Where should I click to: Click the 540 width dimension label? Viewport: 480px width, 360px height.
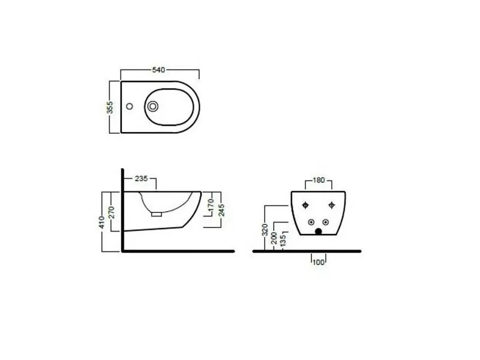(x=158, y=70)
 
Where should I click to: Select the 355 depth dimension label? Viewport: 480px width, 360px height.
(x=110, y=107)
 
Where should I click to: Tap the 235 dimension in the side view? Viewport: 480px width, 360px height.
(x=142, y=178)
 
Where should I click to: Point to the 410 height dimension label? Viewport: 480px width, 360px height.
(x=101, y=222)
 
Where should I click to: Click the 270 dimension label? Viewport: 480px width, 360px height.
(x=112, y=212)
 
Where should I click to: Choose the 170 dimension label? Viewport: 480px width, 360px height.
(x=211, y=205)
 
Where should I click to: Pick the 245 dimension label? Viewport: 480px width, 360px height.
(x=221, y=210)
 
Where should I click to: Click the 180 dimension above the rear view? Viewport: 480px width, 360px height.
(x=319, y=180)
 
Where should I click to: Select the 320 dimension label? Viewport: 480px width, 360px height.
(x=265, y=230)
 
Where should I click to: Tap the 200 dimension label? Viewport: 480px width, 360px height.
(x=274, y=238)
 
